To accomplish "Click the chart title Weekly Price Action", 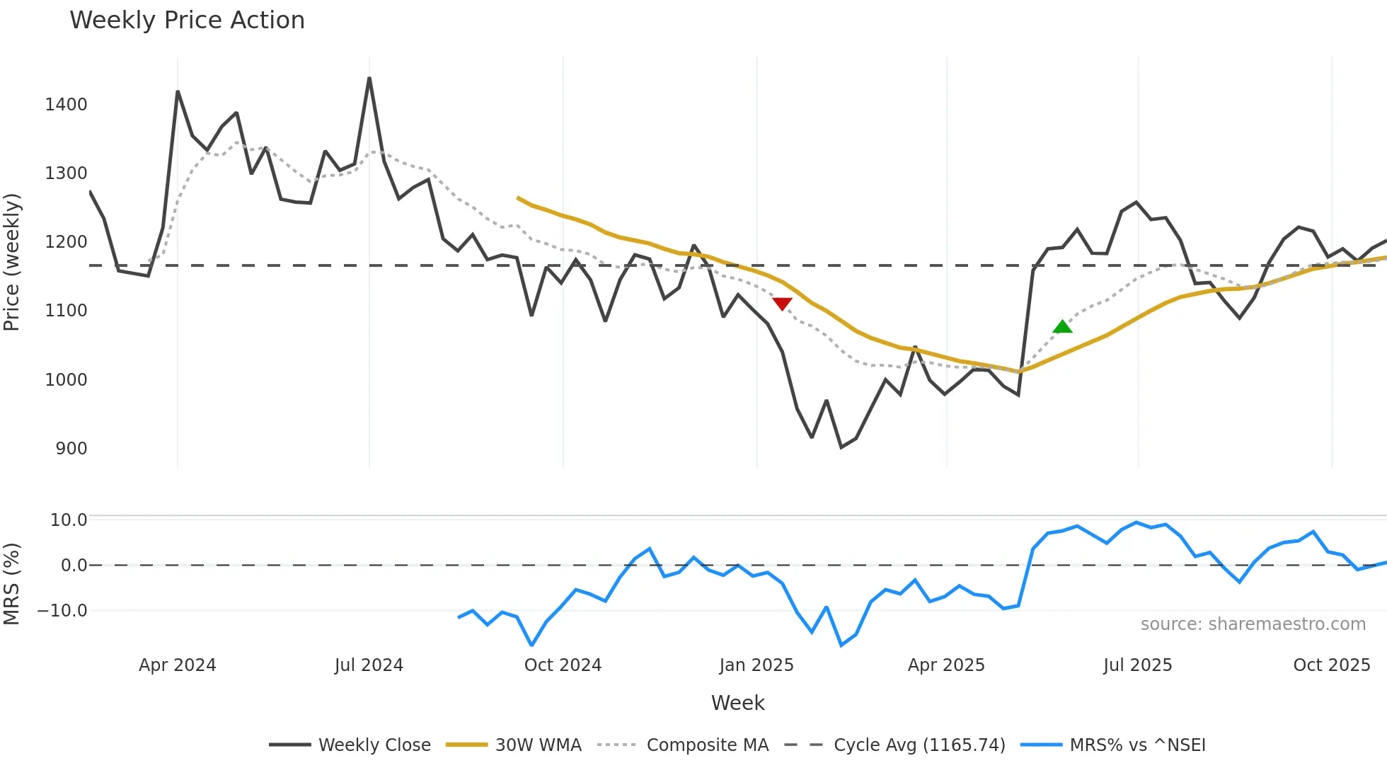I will pyautogui.click(x=187, y=21).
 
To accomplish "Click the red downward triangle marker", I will pyautogui.click(x=782, y=304).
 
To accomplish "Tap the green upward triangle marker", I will pyautogui.click(x=1062, y=326).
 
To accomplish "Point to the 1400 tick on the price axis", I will pyautogui.click(x=66, y=105).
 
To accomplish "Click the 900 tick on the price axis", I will pyautogui.click(x=71, y=449).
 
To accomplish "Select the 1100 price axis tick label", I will pyautogui.click(x=66, y=311).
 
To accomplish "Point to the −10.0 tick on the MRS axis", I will pyautogui.click(x=62, y=611).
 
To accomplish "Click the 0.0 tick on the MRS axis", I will pyautogui.click(x=74, y=566).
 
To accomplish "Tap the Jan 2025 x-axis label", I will pyautogui.click(x=756, y=665).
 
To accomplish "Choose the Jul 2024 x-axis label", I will pyautogui.click(x=369, y=665).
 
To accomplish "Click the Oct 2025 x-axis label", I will pyautogui.click(x=1331, y=665).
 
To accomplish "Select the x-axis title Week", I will pyautogui.click(x=737, y=703).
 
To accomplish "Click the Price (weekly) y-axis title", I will pyautogui.click(x=12, y=262).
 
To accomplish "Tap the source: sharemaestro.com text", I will pyautogui.click(x=1253, y=624).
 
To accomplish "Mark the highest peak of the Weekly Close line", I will pyautogui.click(x=369, y=79).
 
